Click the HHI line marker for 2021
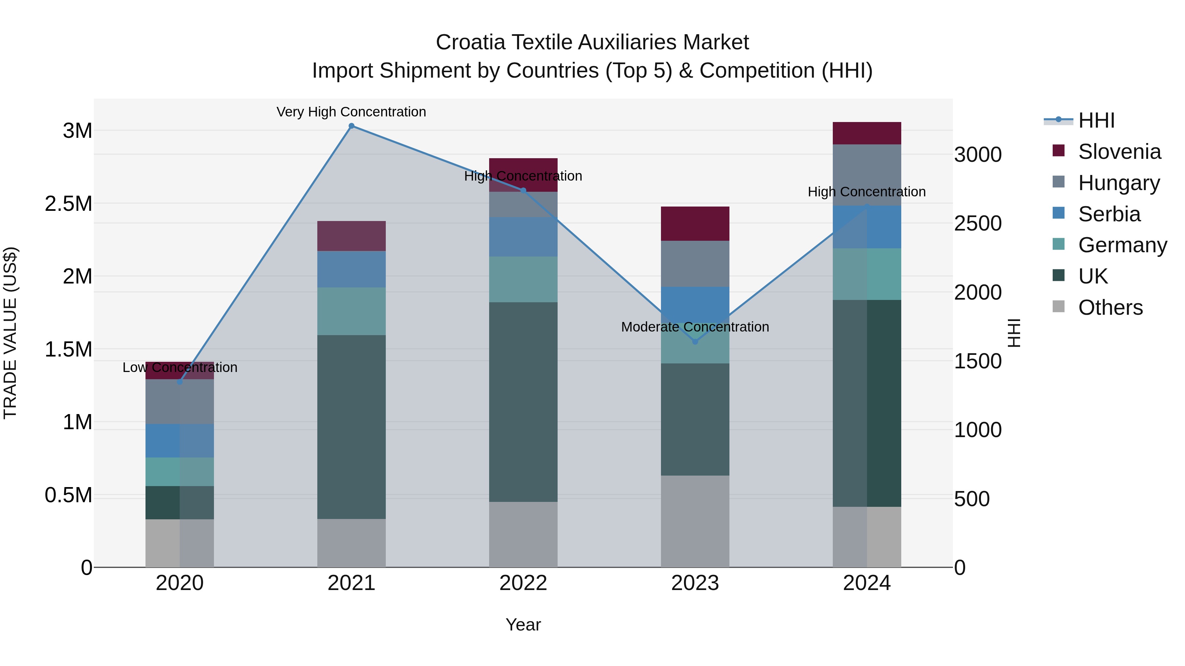(x=352, y=126)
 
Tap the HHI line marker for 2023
(x=695, y=341)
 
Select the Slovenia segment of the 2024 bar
(x=867, y=133)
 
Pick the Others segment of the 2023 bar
(x=695, y=521)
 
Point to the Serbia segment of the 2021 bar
(x=352, y=269)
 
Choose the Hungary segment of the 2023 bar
(x=695, y=264)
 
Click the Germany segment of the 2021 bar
(x=352, y=311)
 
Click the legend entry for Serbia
(x=1109, y=214)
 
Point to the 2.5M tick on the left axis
(x=68, y=204)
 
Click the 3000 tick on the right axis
(x=978, y=155)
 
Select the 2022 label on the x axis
(x=523, y=583)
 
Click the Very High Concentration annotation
(x=352, y=112)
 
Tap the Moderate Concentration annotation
(x=695, y=327)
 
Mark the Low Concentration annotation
(x=180, y=367)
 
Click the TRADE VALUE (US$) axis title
(x=10, y=333)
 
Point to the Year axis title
(x=523, y=625)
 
